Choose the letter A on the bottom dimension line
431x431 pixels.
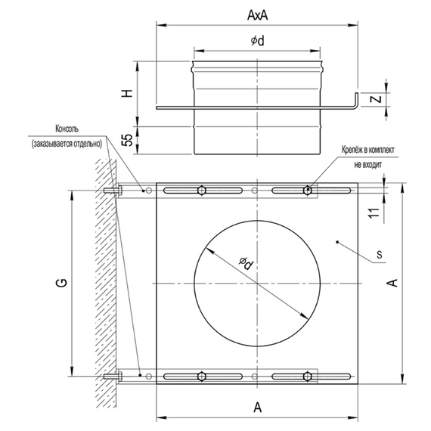[257, 408]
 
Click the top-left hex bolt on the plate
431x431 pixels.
[202, 190]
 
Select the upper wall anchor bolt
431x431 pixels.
[110, 190]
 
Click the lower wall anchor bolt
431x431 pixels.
[110, 376]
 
